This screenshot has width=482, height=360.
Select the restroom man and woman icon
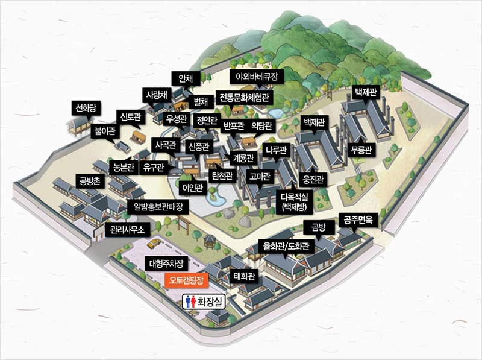pyautogui.click(x=191, y=301)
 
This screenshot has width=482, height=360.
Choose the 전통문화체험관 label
pyautogui.click(x=243, y=97)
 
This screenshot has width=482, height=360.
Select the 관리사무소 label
pyautogui.click(x=125, y=230)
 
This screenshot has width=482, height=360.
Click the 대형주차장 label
pyautogui.click(x=168, y=264)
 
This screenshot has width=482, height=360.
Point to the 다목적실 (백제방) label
pyautogui.click(x=294, y=202)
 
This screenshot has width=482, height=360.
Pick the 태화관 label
pyautogui.click(x=244, y=277)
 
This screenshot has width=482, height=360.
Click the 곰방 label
pyautogui.click(x=318, y=227)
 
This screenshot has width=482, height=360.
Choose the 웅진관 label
pyautogui.click(x=313, y=179)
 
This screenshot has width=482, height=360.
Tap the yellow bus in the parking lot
pyautogui.click(x=155, y=243)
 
